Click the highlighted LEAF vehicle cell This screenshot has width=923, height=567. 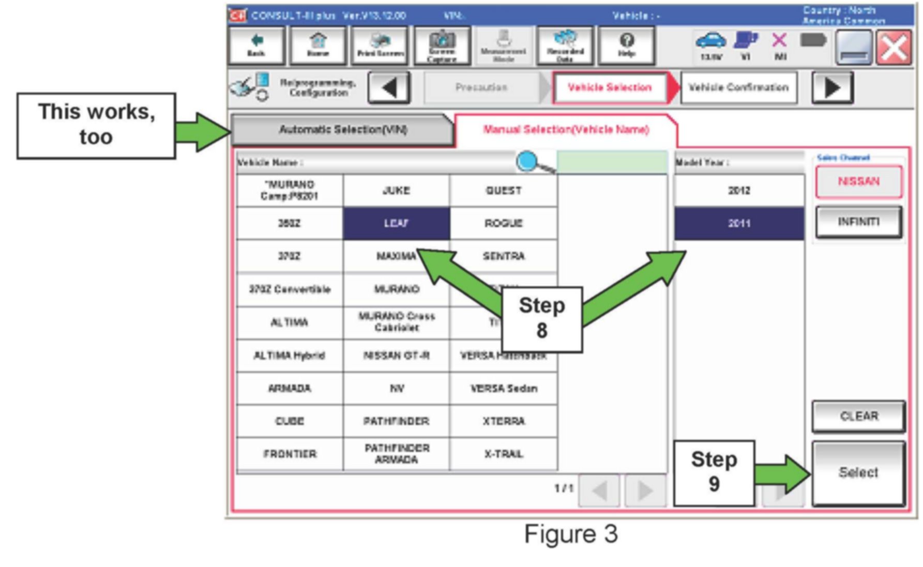pyautogui.click(x=396, y=223)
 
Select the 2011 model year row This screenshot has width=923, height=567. pyautogui.click(x=739, y=223)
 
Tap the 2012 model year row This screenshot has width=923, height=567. pyautogui.click(x=739, y=191)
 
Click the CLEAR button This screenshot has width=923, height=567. pyautogui.click(x=858, y=416)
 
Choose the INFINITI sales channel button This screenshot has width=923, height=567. pyautogui.click(x=858, y=222)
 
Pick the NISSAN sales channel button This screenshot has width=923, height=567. pyautogui.click(x=858, y=181)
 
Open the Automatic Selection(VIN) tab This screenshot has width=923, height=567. pyautogui.click(x=343, y=129)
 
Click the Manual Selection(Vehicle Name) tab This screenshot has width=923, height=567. pyautogui.click(x=566, y=129)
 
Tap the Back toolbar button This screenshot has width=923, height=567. pyautogui.click(x=256, y=45)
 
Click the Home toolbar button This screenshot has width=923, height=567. pyautogui.click(x=317, y=45)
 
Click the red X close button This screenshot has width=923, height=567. pyautogui.click(x=894, y=48)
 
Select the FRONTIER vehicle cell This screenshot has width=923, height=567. pyautogui.click(x=290, y=454)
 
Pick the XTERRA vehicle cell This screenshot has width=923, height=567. pyautogui.click(x=504, y=421)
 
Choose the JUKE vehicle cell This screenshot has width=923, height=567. pyautogui.click(x=396, y=191)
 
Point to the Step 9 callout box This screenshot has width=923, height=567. pyautogui.click(x=714, y=472)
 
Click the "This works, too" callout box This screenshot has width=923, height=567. pyautogui.click(x=96, y=125)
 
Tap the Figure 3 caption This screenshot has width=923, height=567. pyautogui.click(x=571, y=534)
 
